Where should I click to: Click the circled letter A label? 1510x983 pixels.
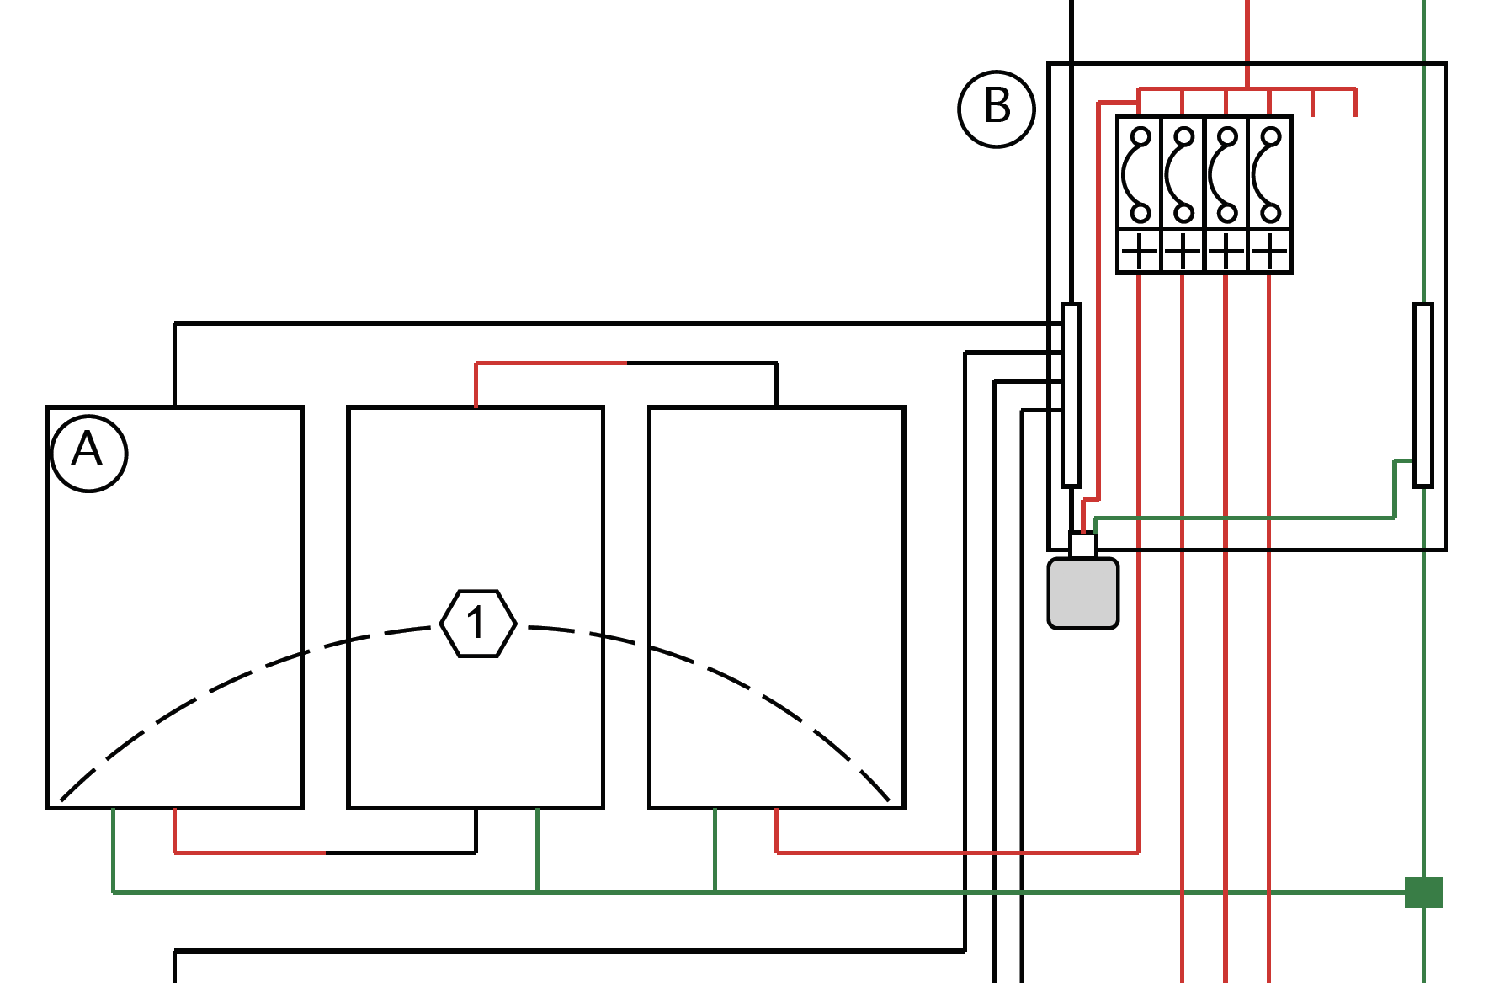click(88, 453)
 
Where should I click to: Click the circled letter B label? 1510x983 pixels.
click(997, 109)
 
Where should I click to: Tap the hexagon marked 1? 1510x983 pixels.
click(478, 624)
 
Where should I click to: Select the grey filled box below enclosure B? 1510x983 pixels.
click(1082, 593)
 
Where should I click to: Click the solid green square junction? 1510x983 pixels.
click(1423, 892)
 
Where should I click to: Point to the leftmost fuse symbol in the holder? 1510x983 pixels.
click(1139, 174)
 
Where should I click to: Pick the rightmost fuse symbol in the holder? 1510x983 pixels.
click(1269, 174)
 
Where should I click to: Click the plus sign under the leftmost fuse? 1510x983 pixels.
click(1139, 251)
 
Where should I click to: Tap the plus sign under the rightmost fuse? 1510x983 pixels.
click(1269, 251)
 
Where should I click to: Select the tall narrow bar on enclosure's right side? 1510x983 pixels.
click(1423, 395)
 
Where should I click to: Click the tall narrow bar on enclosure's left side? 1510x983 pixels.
click(1071, 395)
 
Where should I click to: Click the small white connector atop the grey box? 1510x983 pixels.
click(1082, 545)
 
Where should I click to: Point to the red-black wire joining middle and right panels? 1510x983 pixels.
click(626, 364)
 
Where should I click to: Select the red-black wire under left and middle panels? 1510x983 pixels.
click(325, 853)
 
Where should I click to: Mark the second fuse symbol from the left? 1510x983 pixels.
click(1183, 174)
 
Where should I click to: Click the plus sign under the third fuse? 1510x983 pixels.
click(1226, 251)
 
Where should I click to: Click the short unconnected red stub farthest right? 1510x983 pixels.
click(1355, 102)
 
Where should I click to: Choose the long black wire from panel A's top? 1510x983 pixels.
click(589, 323)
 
